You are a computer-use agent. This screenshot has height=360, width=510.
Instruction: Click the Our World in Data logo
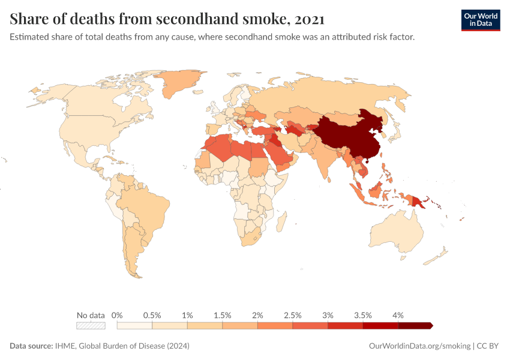click(480, 20)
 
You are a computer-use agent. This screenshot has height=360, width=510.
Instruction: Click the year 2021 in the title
click(310, 19)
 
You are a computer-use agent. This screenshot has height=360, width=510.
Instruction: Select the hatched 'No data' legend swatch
click(91, 326)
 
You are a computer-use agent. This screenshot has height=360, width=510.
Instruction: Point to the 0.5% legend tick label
click(152, 315)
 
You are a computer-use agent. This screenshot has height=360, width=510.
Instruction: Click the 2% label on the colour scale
click(257, 315)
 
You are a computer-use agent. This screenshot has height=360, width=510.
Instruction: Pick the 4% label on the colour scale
click(398, 315)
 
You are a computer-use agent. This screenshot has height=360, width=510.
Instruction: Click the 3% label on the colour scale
click(328, 315)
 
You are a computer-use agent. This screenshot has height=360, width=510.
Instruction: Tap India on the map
click(325, 156)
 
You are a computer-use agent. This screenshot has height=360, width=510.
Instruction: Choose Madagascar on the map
click(280, 222)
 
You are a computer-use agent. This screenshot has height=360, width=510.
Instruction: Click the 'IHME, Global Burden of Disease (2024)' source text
click(122, 346)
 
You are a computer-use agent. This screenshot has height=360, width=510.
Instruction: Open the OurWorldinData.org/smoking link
click(419, 346)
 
